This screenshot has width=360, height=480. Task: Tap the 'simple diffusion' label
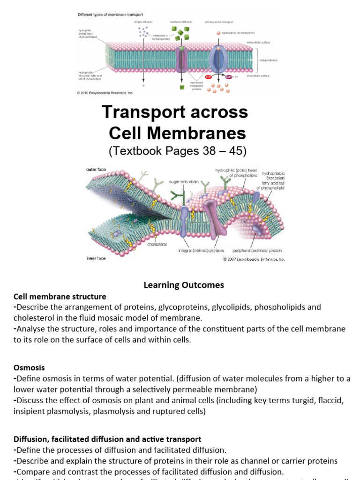pos(142,22)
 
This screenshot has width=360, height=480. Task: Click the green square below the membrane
pos(181,87)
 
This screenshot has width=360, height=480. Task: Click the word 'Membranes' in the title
pos(199,134)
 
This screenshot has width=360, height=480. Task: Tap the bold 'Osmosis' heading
pos(29,368)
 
